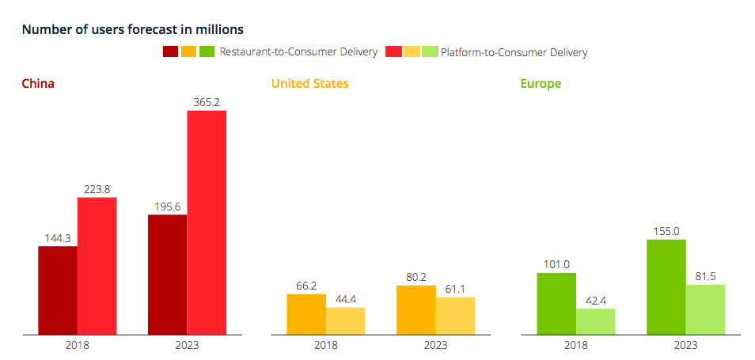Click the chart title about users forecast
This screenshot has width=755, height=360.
pos(132,29)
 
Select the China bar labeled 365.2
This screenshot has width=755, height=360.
pos(207,222)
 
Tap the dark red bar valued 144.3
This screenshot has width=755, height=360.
pos(58,290)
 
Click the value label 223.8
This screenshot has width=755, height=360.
pos(97,189)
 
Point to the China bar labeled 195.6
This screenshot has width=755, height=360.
pos(168,274)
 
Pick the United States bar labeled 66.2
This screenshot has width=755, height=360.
pos(306,314)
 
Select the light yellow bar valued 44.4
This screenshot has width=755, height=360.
pos(345,320)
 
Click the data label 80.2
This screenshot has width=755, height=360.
pos(415,278)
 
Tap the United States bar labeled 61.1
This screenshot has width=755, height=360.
pos(455,316)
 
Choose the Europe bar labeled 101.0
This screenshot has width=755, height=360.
pos(556,303)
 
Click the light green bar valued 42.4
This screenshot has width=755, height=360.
pos(595,321)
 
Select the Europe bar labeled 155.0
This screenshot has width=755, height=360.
pos(666,286)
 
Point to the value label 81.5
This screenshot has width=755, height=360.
pos(705,277)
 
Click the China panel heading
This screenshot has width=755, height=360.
pos(38,83)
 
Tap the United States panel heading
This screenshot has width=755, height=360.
pos(309,83)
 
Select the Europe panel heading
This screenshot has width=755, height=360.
pos(541,83)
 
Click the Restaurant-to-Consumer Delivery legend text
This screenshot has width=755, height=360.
pos(298,52)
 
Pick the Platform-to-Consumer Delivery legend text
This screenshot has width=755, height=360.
pos(514,52)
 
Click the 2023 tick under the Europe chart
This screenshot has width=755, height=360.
pos(685,345)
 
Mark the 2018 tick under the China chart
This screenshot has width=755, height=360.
pos(77,345)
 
